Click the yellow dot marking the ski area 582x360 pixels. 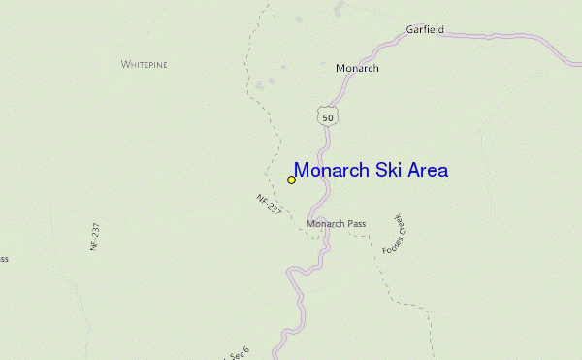pyautogui.click(x=291, y=180)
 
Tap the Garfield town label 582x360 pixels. pyautogui.click(x=425, y=30)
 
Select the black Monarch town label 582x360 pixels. pyautogui.click(x=357, y=69)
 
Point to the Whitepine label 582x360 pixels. pyautogui.click(x=145, y=64)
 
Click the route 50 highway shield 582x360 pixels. pyautogui.click(x=328, y=116)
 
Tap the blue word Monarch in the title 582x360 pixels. pyautogui.click(x=331, y=170)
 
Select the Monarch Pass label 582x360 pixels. pyautogui.click(x=336, y=224)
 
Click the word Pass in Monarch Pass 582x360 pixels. pyautogui.click(x=356, y=224)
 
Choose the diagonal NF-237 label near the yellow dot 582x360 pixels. pyautogui.click(x=269, y=205)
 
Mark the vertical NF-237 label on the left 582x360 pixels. pyautogui.click(x=95, y=238)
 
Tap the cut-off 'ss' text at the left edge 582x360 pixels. pyautogui.click(x=4, y=259)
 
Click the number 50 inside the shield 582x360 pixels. pyautogui.click(x=328, y=117)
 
